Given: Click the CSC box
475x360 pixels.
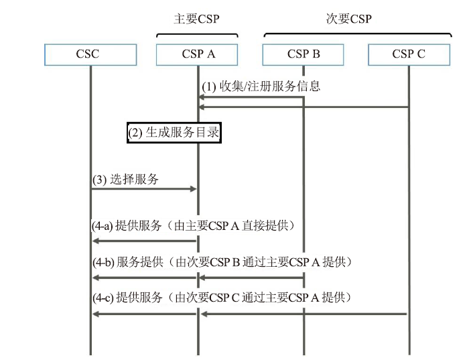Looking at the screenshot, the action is (x=90, y=54).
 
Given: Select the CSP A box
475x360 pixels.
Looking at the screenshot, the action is (x=197, y=54).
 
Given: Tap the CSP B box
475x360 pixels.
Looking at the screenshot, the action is (x=303, y=54).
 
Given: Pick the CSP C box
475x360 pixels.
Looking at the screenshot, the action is (x=409, y=54).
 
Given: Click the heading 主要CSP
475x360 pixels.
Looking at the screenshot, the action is (x=196, y=19).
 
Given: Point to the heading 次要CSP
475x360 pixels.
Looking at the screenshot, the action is (x=349, y=19).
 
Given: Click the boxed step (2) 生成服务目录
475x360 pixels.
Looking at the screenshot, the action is (x=174, y=133).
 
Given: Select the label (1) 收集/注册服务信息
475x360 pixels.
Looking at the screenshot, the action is (x=261, y=86).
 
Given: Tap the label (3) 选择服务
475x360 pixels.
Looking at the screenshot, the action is (x=125, y=180).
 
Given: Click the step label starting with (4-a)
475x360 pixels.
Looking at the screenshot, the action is (x=193, y=226).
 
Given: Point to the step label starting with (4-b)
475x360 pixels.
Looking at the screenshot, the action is (x=222, y=262).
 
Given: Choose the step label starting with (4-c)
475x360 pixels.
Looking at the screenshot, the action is (x=222, y=298).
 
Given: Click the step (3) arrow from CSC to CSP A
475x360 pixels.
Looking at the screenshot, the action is (x=144, y=189).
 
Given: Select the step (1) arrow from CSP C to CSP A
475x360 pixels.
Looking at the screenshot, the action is (x=304, y=107).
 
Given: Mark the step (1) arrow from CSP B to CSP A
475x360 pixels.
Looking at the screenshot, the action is (x=251, y=97).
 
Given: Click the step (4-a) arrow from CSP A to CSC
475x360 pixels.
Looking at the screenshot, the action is (x=145, y=241).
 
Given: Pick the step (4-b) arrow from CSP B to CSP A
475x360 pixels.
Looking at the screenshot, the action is (x=252, y=278).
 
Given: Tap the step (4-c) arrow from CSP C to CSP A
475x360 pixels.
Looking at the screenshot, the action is (x=304, y=314).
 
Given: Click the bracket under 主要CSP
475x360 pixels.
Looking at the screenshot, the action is (x=197, y=34).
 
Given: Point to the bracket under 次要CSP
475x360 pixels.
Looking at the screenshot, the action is (x=358, y=34).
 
